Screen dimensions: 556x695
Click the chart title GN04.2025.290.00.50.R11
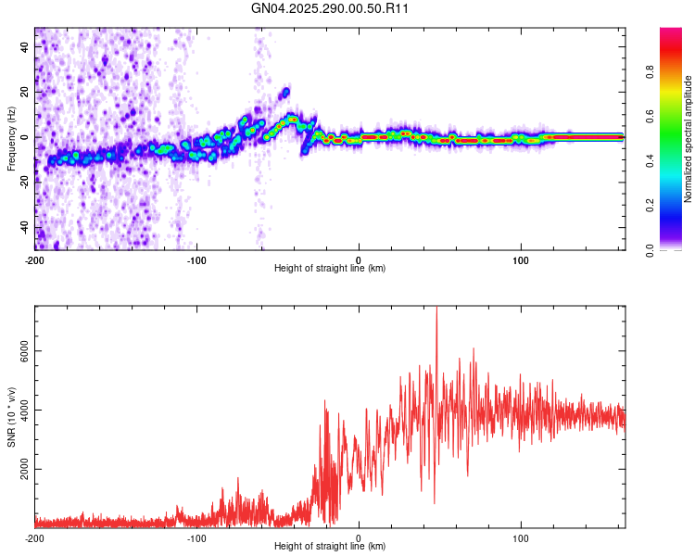(x=331, y=8)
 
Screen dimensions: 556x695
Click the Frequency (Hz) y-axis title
(x=11, y=138)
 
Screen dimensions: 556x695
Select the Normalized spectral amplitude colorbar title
(x=689, y=139)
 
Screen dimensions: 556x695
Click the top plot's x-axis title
(x=330, y=269)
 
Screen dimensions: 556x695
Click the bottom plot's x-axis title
(x=330, y=547)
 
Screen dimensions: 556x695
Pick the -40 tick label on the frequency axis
(x=25, y=228)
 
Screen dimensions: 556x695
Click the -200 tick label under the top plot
(x=35, y=259)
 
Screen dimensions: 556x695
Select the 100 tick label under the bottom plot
(x=521, y=537)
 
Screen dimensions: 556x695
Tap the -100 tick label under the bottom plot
(x=196, y=537)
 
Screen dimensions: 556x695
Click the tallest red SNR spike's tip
(x=436, y=310)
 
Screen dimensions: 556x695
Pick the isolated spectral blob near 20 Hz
(x=285, y=92)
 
